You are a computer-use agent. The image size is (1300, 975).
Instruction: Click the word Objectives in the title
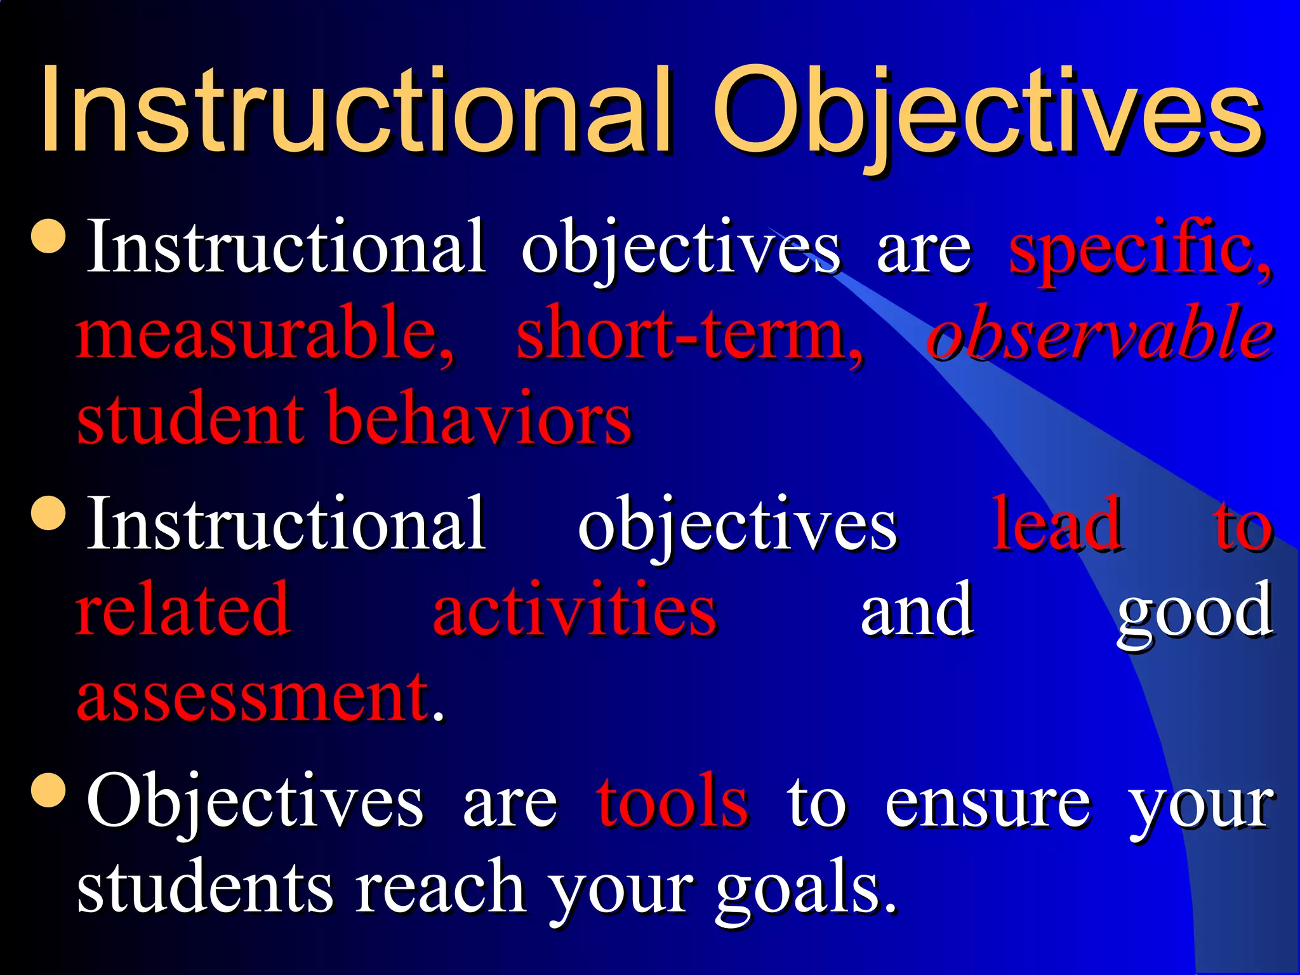987,114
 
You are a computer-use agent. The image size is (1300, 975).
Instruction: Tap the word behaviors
480,419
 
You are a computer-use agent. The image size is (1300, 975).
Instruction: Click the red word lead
1056,524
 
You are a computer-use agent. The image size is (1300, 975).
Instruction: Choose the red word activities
574,609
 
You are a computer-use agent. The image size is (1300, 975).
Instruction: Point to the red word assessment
254,698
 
